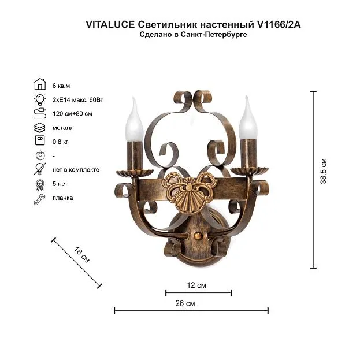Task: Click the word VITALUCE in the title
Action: point(110,24)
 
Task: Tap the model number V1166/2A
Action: point(279,24)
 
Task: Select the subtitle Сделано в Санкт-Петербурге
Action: point(193,35)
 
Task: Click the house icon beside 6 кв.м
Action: point(40,84)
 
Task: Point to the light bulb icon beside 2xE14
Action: point(40,99)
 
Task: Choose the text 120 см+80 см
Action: point(72,114)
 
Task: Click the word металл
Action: point(63,128)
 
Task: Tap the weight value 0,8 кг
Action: point(60,142)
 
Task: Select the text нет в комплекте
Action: point(76,170)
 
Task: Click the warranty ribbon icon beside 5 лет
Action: point(40,185)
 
